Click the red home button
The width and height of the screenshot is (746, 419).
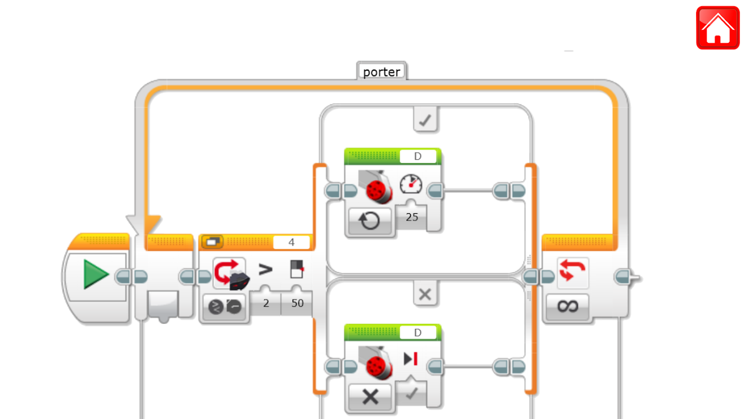[x=717, y=28]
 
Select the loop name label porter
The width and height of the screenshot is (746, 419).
[x=381, y=72]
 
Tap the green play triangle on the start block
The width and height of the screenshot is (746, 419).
[x=96, y=275]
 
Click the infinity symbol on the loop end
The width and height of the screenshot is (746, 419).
[x=567, y=306]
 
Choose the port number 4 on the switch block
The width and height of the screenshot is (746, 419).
[x=291, y=242]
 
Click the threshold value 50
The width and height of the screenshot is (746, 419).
[x=297, y=303]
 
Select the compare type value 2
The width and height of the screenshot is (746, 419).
[x=266, y=303]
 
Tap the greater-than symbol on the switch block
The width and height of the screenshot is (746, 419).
[x=266, y=270]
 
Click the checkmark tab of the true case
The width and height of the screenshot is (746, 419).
[x=425, y=121]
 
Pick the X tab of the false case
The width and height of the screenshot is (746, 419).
[x=425, y=295]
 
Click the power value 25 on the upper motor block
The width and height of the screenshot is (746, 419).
[x=412, y=216]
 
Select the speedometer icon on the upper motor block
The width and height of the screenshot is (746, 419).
[x=410, y=184]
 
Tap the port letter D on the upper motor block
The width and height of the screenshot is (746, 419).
[x=418, y=157]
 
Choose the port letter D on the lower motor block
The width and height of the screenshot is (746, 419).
[x=418, y=333]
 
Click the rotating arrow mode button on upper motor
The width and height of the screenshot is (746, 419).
[x=370, y=221]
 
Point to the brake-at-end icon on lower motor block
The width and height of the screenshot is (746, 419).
[x=410, y=359]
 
